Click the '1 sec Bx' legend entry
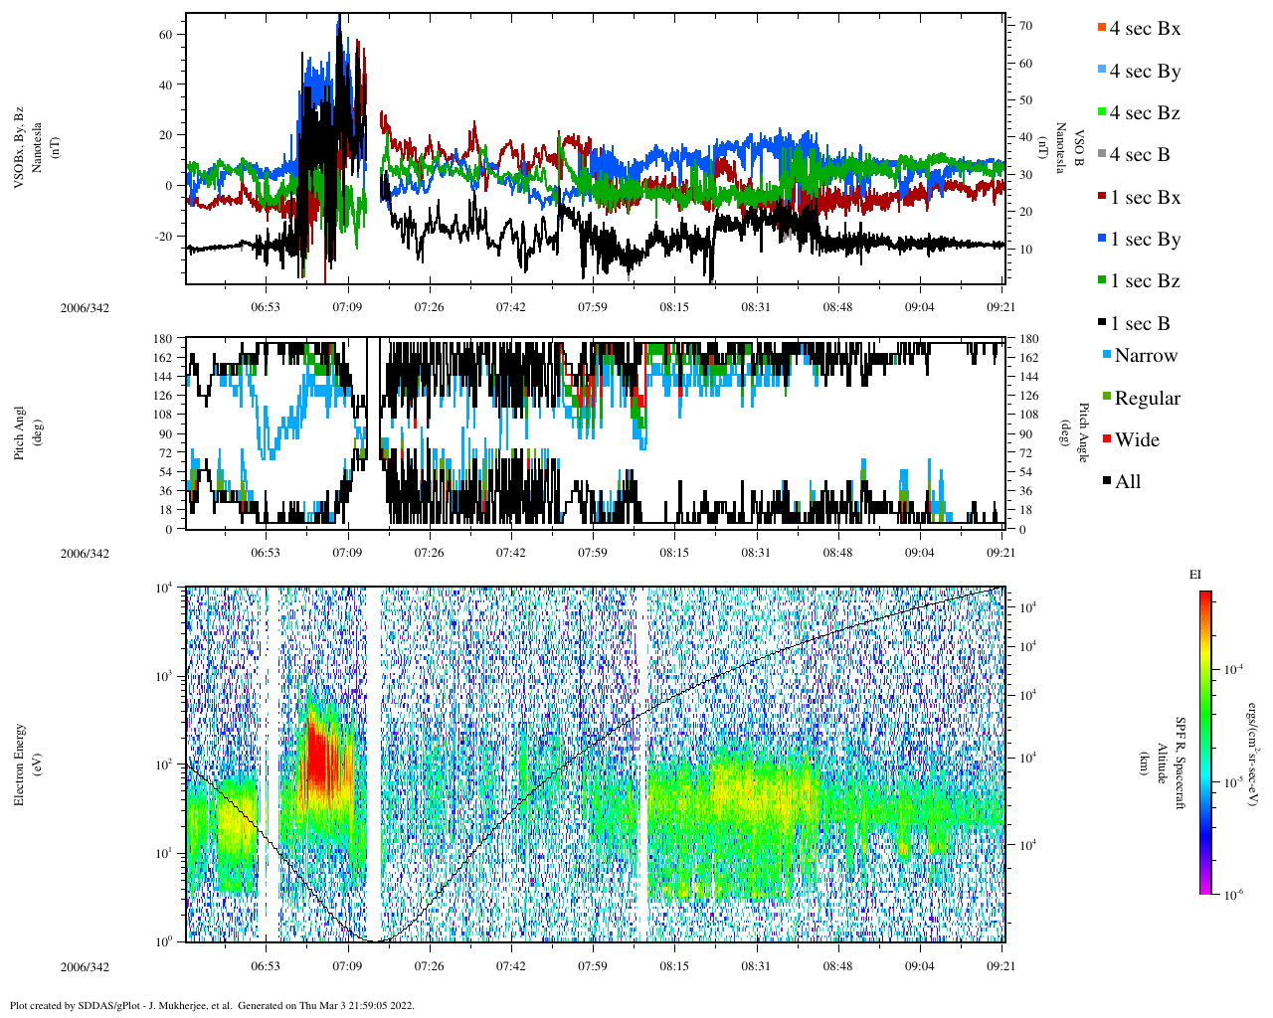tap(1145, 198)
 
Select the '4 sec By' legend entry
tap(1145, 72)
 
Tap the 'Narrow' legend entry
tap(1146, 356)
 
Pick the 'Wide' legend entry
tap(1137, 440)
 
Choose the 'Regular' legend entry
tap(1147, 399)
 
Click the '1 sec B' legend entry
tap(1140, 324)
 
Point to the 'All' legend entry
tap(1128, 482)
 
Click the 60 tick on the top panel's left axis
tap(166, 34)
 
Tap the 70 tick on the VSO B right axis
tap(1025, 26)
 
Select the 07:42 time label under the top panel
tap(511, 308)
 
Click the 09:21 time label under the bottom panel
tap(1001, 966)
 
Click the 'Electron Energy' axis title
tap(19, 763)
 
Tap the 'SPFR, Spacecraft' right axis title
tap(1181, 763)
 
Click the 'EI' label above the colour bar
tap(1195, 575)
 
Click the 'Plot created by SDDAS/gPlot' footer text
tap(212, 1005)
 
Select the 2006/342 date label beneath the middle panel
tap(85, 554)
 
